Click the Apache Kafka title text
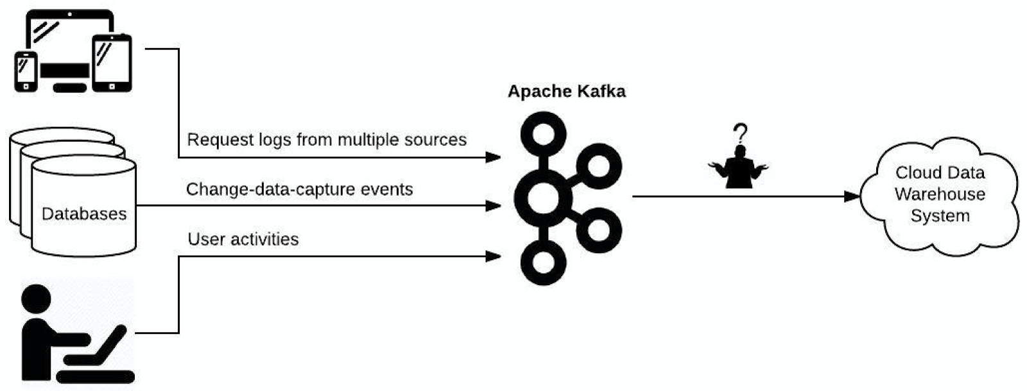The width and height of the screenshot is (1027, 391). pos(566,91)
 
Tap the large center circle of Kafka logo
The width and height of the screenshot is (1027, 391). pos(542,197)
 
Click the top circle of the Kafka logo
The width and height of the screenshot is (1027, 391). pos(544,134)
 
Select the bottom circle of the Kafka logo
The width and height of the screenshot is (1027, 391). pos(543,263)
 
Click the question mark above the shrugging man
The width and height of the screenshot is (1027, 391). pos(741,133)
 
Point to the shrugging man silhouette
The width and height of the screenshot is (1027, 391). pos(739,169)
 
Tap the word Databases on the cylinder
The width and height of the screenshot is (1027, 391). pos(84,213)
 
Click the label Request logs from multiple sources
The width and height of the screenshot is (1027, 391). pos(326,140)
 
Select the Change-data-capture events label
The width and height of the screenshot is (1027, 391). pos(299,189)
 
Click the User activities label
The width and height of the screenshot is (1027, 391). pos(243,239)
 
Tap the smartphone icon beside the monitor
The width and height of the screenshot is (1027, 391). pos(26,71)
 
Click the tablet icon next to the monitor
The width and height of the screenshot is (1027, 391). pos(112,63)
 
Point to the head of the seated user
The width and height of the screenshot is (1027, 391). pos(37,299)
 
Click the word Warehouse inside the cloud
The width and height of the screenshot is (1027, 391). pos(939,194)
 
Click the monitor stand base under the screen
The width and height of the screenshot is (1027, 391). pos(69,88)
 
